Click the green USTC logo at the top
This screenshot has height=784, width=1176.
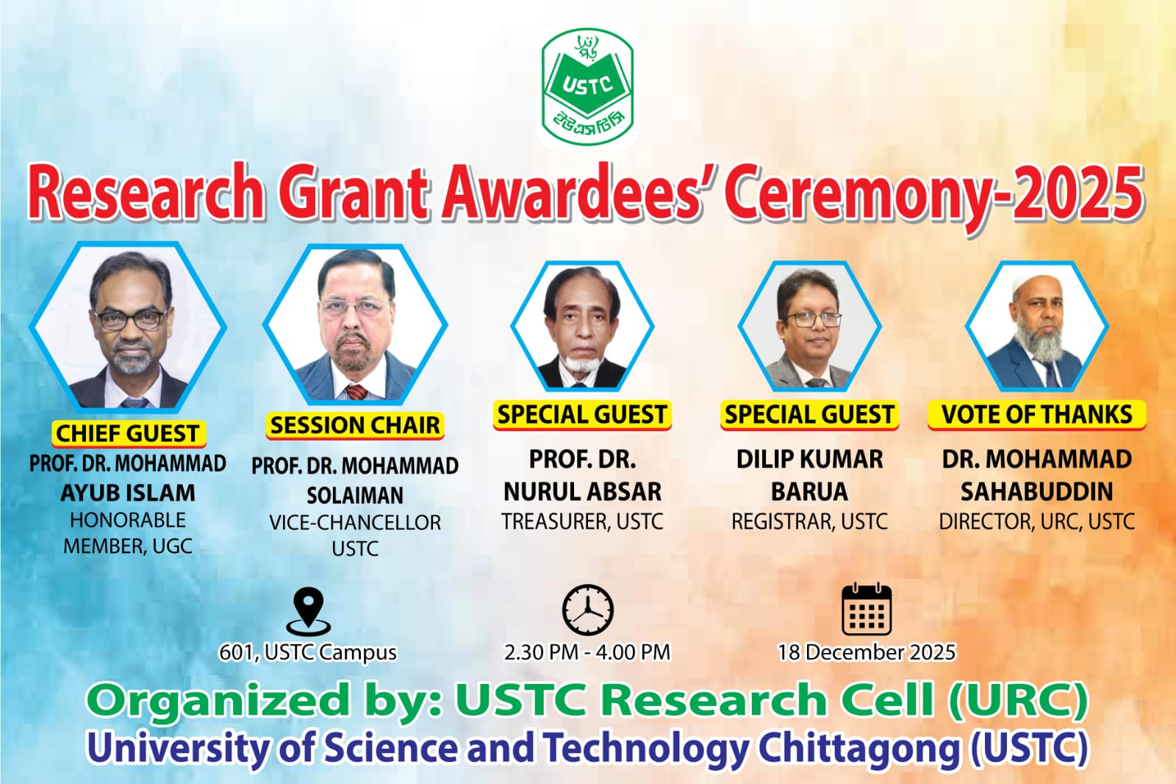click(x=587, y=87)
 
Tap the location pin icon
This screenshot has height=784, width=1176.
click(x=308, y=611)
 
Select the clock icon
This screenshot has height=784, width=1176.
click(x=587, y=610)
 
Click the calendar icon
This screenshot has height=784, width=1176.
click(x=867, y=609)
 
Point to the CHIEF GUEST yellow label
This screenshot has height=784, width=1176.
click(x=128, y=433)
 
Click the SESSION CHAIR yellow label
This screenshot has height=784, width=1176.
click(x=355, y=425)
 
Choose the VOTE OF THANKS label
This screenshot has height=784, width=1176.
click(x=1037, y=415)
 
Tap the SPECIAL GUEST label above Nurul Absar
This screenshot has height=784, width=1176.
click(x=582, y=415)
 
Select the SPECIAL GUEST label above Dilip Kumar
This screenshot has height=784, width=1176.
click(x=809, y=415)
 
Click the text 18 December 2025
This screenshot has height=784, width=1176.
click(x=867, y=652)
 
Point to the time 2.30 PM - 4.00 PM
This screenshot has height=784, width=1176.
click(x=587, y=652)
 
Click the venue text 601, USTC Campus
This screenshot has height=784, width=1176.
click(x=308, y=652)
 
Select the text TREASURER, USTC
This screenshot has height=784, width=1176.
click(x=582, y=521)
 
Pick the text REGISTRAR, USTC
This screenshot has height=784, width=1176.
click(x=809, y=521)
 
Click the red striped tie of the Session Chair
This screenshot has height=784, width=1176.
click(x=356, y=391)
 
